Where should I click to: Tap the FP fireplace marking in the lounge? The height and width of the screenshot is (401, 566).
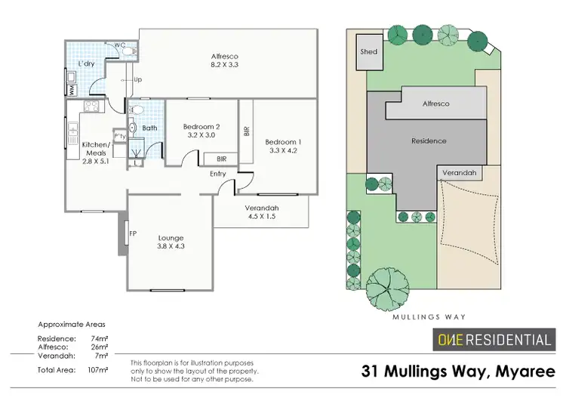pos(133,233)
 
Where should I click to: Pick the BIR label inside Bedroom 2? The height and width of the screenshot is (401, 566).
pos(222,159)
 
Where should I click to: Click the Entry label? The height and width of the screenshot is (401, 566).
pos(218,174)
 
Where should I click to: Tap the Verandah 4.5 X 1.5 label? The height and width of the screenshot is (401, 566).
pos(262,213)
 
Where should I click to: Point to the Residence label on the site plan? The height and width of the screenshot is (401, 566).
pos(429,141)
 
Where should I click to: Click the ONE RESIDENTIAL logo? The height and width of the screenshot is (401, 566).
pos(495,340)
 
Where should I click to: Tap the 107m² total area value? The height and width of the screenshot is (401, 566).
pos(99,370)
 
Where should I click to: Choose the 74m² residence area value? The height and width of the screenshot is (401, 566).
pos(99,339)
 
